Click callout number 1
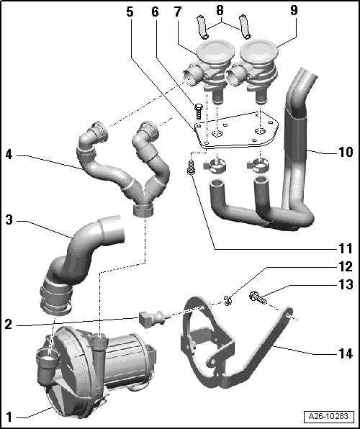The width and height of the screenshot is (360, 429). pos(9,417)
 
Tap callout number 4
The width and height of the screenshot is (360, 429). pos(9,155)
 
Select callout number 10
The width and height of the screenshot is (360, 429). pos(346,152)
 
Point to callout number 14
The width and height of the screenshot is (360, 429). pos(346,353)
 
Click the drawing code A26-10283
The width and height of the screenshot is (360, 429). pos(328,416)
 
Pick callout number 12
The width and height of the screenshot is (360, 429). pos(346,267)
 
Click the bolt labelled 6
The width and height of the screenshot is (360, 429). pos(199,112)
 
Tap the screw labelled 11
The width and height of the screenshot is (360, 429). pos(191,167)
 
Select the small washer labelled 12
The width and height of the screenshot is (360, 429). pos(228,300)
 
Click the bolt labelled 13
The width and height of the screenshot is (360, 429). pos(258,298)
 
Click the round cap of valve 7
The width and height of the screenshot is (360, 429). pos(216,51)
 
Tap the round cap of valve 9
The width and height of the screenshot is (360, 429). pos(259,51)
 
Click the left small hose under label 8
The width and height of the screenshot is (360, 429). pos(202,27)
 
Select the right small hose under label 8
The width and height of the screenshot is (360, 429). pos(245,27)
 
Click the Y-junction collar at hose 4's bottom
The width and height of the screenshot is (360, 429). pos(143,210)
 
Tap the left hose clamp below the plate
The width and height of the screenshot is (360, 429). pos(215,166)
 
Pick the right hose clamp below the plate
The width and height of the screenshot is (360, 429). pos(258,166)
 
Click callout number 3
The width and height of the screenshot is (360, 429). pos(9,220)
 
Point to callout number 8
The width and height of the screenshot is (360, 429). pos(220,10)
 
